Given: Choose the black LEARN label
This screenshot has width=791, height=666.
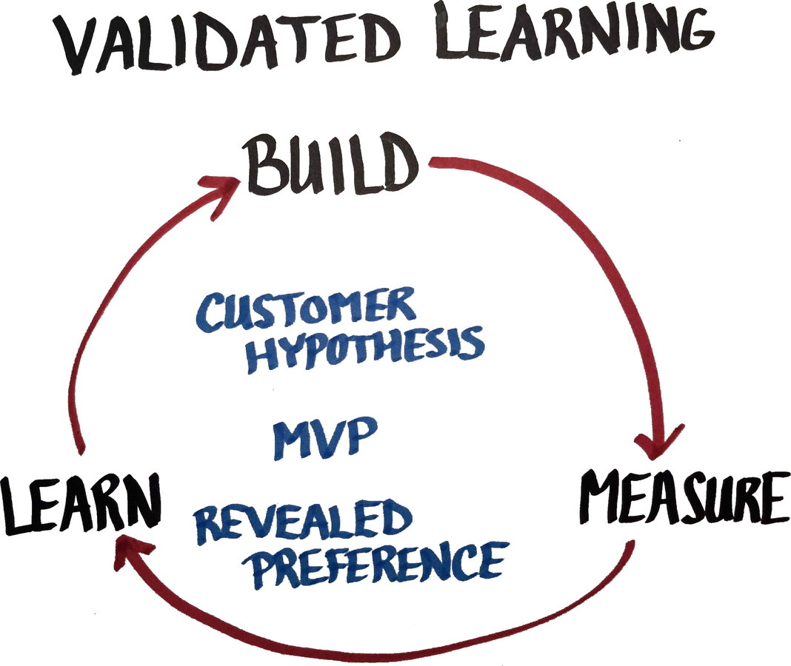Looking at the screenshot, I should point(80,505).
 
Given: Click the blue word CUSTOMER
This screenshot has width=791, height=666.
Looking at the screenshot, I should point(305,311).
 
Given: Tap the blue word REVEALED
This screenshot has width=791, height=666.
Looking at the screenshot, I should point(302,519).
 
